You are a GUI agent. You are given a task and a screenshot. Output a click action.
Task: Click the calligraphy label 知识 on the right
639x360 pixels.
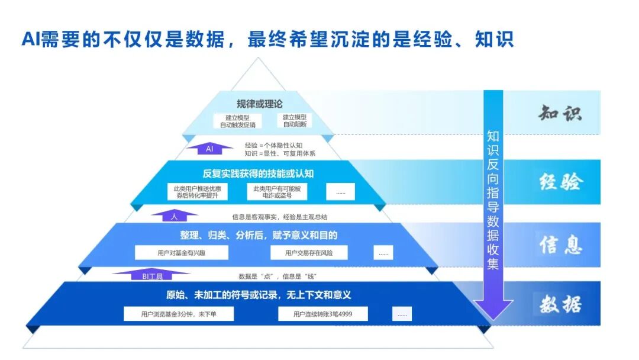560,113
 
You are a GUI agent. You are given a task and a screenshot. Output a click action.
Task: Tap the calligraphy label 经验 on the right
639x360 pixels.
560,182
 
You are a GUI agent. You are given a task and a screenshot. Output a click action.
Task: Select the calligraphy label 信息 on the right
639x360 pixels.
561,245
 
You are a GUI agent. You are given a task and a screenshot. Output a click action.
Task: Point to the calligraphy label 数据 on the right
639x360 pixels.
560,304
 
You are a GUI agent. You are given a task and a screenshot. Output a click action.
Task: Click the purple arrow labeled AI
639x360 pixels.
209,149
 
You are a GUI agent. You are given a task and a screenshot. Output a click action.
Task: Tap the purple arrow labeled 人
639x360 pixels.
175,216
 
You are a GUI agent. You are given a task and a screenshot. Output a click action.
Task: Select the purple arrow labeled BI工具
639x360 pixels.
151,275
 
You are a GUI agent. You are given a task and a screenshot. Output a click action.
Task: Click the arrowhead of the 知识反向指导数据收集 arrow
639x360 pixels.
493,310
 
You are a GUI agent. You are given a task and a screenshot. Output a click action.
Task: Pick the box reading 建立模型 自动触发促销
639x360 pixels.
238,121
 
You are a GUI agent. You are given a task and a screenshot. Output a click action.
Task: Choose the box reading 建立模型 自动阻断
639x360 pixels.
295,121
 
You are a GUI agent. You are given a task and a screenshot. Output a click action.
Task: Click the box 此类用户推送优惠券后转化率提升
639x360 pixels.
197,192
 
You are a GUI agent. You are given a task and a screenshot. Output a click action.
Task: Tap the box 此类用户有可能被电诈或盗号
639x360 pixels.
277,192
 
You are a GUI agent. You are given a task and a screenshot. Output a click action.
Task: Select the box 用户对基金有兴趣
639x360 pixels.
182,253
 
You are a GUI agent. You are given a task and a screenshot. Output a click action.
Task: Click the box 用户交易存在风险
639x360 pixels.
309,253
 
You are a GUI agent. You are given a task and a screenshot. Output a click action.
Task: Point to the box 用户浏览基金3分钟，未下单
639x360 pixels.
179,314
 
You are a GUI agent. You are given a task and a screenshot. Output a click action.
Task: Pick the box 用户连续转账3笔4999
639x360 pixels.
323,314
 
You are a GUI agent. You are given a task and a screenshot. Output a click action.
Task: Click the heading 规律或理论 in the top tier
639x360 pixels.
260,104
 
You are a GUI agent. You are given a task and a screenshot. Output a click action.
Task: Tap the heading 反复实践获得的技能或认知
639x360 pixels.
258,173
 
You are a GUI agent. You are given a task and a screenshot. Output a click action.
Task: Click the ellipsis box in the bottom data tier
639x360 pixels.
402,314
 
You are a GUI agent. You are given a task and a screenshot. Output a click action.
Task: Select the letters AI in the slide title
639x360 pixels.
31,39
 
